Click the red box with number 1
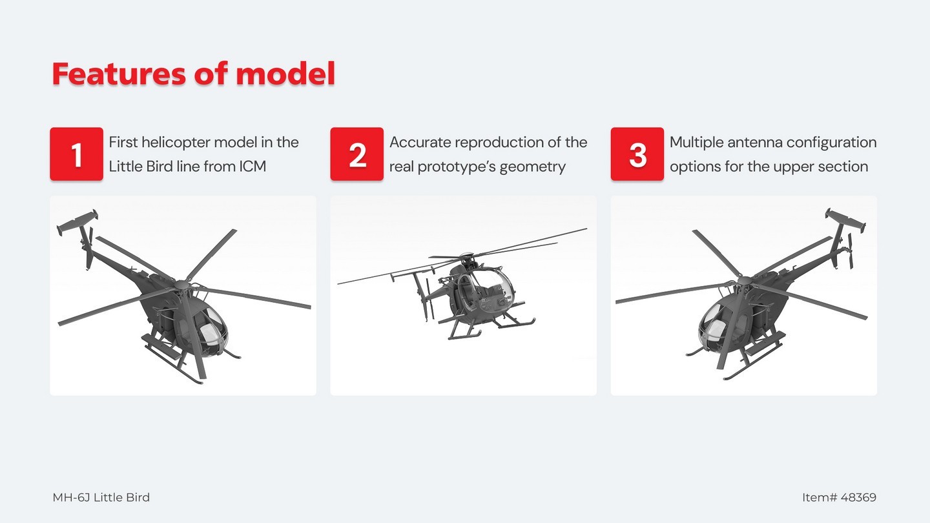tap(76, 154)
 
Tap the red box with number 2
tap(356, 154)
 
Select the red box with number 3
tap(637, 154)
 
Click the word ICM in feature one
tap(253, 167)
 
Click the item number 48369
tap(858, 497)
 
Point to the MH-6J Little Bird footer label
tap(101, 497)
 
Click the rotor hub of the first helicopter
tap(181, 285)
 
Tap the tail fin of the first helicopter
tap(78, 222)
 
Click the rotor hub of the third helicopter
tap(745, 281)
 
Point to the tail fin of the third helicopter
tap(845, 220)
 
